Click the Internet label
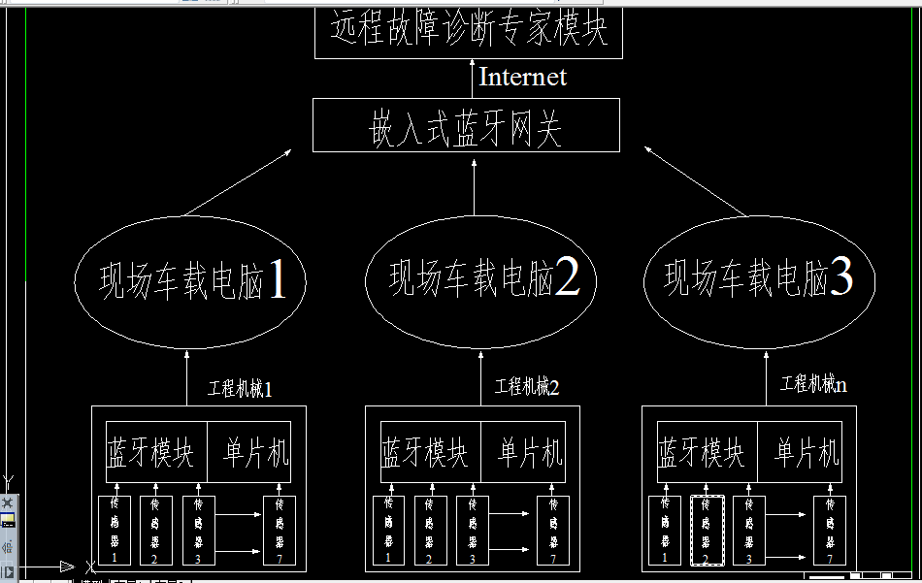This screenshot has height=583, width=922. click(x=522, y=77)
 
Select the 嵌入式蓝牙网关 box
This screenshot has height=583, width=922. click(x=466, y=126)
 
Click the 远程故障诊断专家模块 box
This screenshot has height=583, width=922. click(x=469, y=32)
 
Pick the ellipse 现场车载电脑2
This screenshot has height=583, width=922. click(x=480, y=281)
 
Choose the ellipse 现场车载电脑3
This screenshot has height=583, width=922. click(x=759, y=279)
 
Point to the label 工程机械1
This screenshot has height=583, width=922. click(x=240, y=389)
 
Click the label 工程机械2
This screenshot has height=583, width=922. click(x=527, y=387)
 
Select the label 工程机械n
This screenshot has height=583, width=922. click(x=813, y=384)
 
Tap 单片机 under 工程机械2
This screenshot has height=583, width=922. click(x=530, y=452)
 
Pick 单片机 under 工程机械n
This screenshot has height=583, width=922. click(x=807, y=452)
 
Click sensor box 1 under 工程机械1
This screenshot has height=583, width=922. click(x=114, y=530)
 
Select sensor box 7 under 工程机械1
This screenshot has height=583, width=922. click(x=280, y=530)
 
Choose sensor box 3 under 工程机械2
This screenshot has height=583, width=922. click(x=473, y=530)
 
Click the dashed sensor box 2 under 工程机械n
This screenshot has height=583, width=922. click(x=707, y=530)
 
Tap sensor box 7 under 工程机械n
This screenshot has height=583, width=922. click(x=830, y=530)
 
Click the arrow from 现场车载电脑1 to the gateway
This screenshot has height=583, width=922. click(x=239, y=182)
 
